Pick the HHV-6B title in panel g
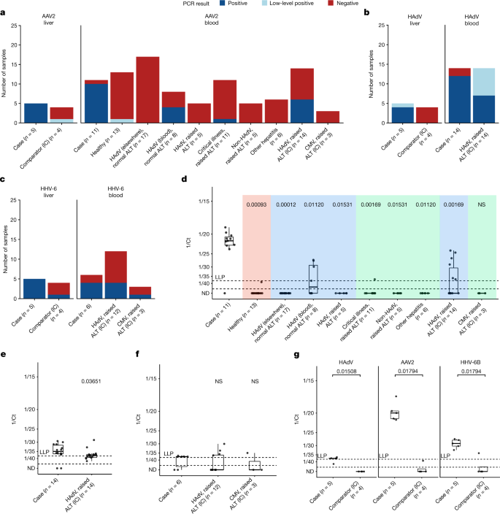461,365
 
